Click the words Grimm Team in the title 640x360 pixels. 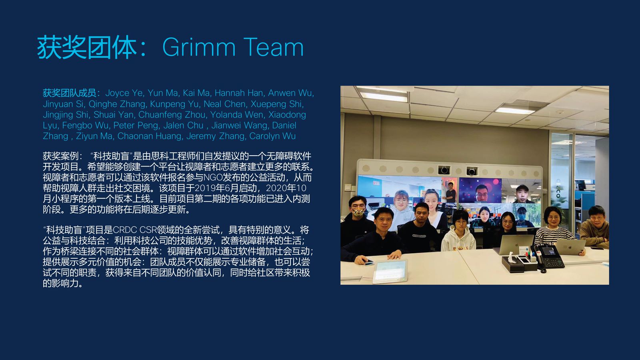coord(233,47)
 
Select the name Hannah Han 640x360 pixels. coord(238,93)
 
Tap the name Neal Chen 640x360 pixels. coord(224,104)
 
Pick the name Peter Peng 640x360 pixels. coord(136,126)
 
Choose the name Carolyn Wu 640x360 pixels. coord(272,136)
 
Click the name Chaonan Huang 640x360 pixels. coord(150,136)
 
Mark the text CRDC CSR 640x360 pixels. coord(134,230)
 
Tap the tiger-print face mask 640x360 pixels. coord(358,212)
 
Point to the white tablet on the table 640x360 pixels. coord(390,271)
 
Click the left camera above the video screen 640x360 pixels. coord(444,170)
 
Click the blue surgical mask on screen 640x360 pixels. coord(522,217)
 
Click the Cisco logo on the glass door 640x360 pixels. coord(558,188)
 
